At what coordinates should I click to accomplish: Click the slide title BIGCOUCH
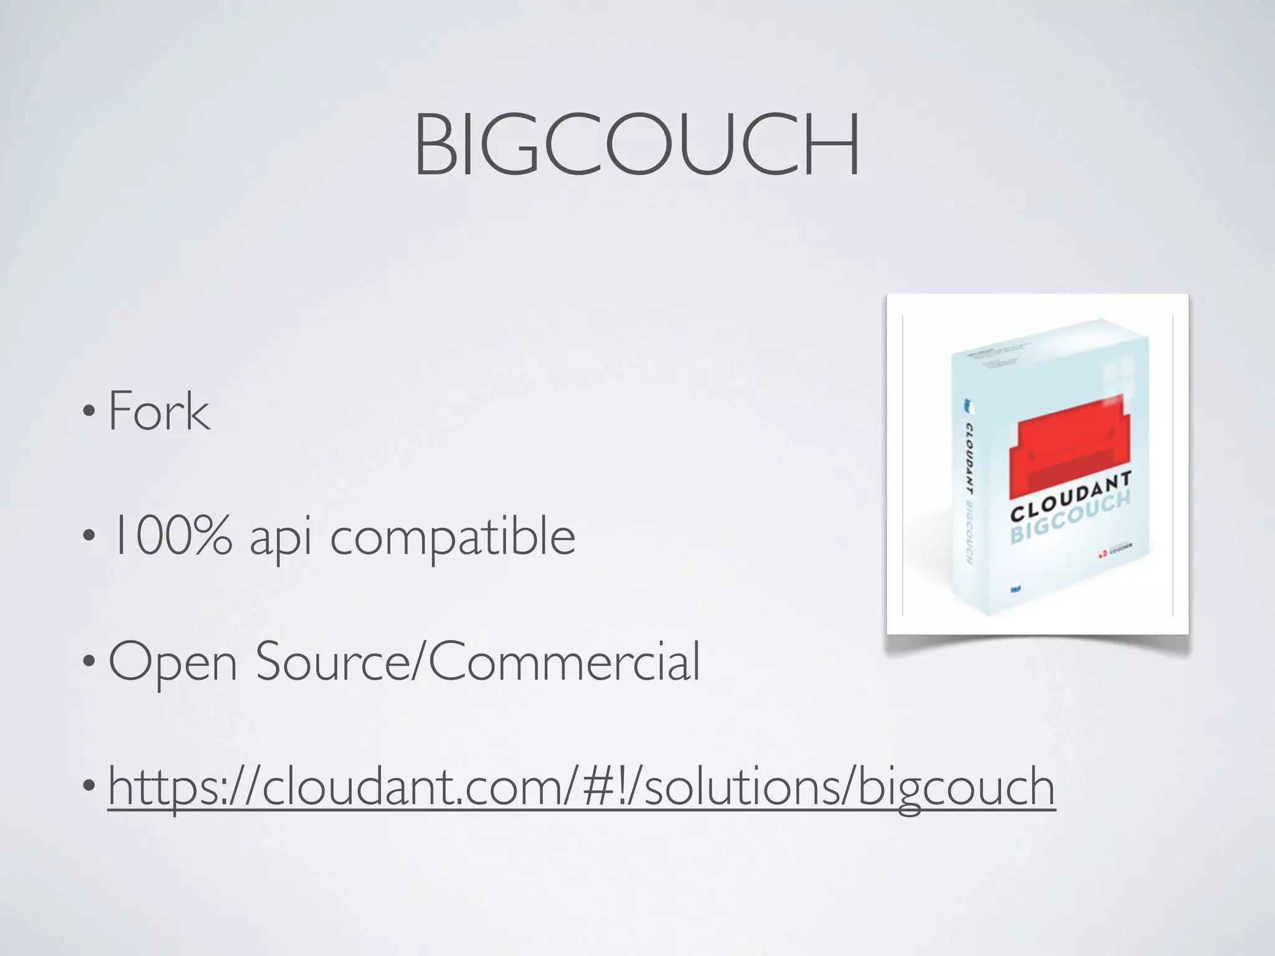(637, 144)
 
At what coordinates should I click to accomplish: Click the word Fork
(159, 411)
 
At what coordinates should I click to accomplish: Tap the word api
(280, 538)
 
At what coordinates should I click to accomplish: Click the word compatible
(453, 537)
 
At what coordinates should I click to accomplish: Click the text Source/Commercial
(478, 661)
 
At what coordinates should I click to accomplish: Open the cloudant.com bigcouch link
(581, 787)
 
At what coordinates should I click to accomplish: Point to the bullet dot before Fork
(89, 411)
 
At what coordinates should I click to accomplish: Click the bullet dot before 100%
(89, 535)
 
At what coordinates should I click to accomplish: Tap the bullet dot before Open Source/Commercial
(89, 660)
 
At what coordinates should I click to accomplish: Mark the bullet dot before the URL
(89, 785)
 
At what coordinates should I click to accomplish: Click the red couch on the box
(1070, 449)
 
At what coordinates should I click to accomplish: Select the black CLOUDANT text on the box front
(1070, 496)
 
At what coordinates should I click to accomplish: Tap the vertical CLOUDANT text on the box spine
(969, 454)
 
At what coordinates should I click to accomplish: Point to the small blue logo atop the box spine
(968, 406)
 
